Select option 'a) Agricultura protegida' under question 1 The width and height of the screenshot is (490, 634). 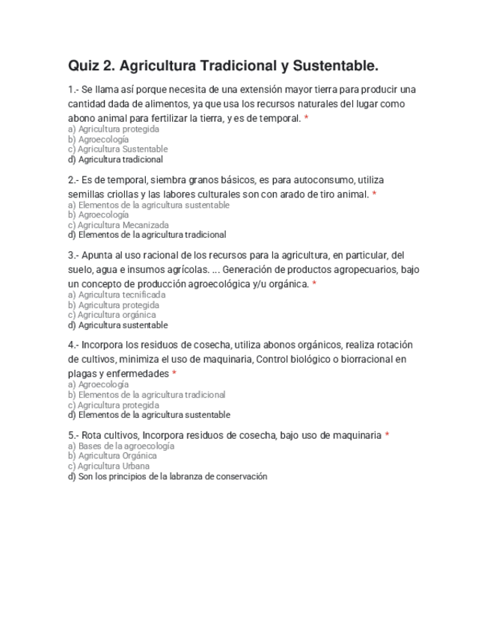113,129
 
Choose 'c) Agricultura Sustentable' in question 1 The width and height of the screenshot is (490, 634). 117,149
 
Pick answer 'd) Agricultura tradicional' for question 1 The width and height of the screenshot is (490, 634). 115,159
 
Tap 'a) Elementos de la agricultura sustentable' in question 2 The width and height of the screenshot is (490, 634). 148,205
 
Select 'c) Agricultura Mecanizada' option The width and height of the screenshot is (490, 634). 118,224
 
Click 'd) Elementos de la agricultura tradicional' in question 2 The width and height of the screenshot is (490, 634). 147,235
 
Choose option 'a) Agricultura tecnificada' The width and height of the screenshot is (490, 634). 116,295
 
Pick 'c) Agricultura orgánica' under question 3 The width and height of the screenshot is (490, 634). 111,315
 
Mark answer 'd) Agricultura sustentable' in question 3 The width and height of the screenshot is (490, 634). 117,325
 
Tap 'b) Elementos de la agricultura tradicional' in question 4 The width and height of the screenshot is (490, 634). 147,395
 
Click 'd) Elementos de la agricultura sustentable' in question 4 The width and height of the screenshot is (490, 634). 149,415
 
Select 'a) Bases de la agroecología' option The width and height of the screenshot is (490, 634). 120,446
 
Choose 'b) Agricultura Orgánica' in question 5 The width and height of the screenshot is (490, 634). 112,455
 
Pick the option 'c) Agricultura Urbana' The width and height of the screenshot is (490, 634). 108,466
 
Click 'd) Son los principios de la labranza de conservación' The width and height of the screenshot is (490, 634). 167,476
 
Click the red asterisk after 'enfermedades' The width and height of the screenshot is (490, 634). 174,373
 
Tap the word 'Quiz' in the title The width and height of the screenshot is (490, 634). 84,66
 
